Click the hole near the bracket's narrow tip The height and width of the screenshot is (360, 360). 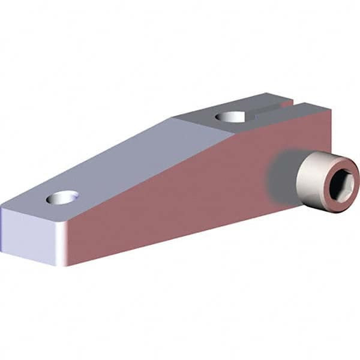tap(63, 197)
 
